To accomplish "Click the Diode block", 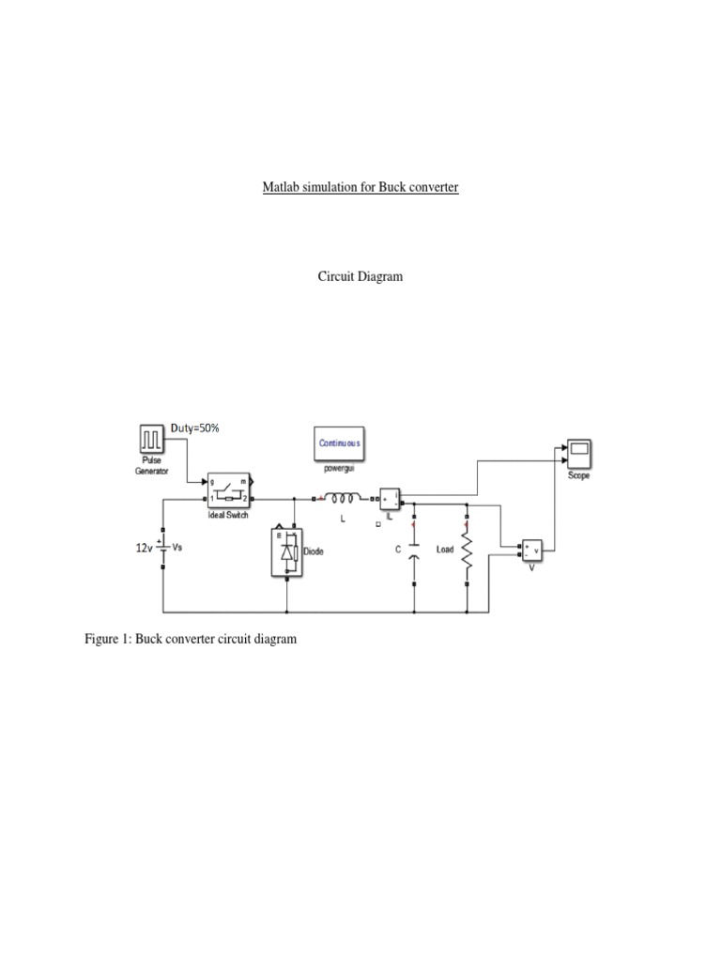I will [287, 552].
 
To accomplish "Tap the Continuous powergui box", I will [339, 442].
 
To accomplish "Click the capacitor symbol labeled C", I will [414, 552].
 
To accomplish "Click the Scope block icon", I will [579, 455].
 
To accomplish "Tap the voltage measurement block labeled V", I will [531, 551].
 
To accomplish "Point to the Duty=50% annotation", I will [195, 428].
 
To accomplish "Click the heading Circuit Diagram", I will [360, 277].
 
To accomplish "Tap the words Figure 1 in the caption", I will [108, 639].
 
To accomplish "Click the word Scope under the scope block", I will [579, 475].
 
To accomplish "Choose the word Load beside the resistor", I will [445, 549].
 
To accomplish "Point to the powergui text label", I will [339, 468].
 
